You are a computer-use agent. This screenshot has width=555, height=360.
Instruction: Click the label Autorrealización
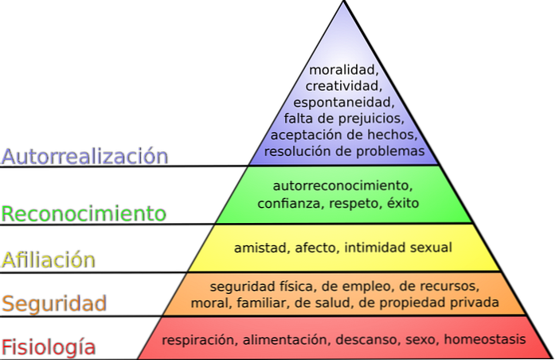pyautogui.click(x=85, y=156)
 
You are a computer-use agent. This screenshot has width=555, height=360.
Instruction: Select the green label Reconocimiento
pyautogui.click(x=84, y=213)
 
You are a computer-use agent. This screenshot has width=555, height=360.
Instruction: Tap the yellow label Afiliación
pyautogui.click(x=49, y=260)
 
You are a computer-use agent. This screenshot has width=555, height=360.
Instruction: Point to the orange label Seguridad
pyautogui.click(x=54, y=303)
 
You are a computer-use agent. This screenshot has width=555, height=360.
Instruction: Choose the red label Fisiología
pyautogui.click(x=49, y=347)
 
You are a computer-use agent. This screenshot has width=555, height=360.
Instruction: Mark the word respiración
pyautogui.click(x=201, y=340)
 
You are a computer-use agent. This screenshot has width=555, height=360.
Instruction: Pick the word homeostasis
pyautogui.click(x=485, y=339)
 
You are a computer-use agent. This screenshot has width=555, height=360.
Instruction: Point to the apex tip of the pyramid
pyautogui.click(x=344, y=1)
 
